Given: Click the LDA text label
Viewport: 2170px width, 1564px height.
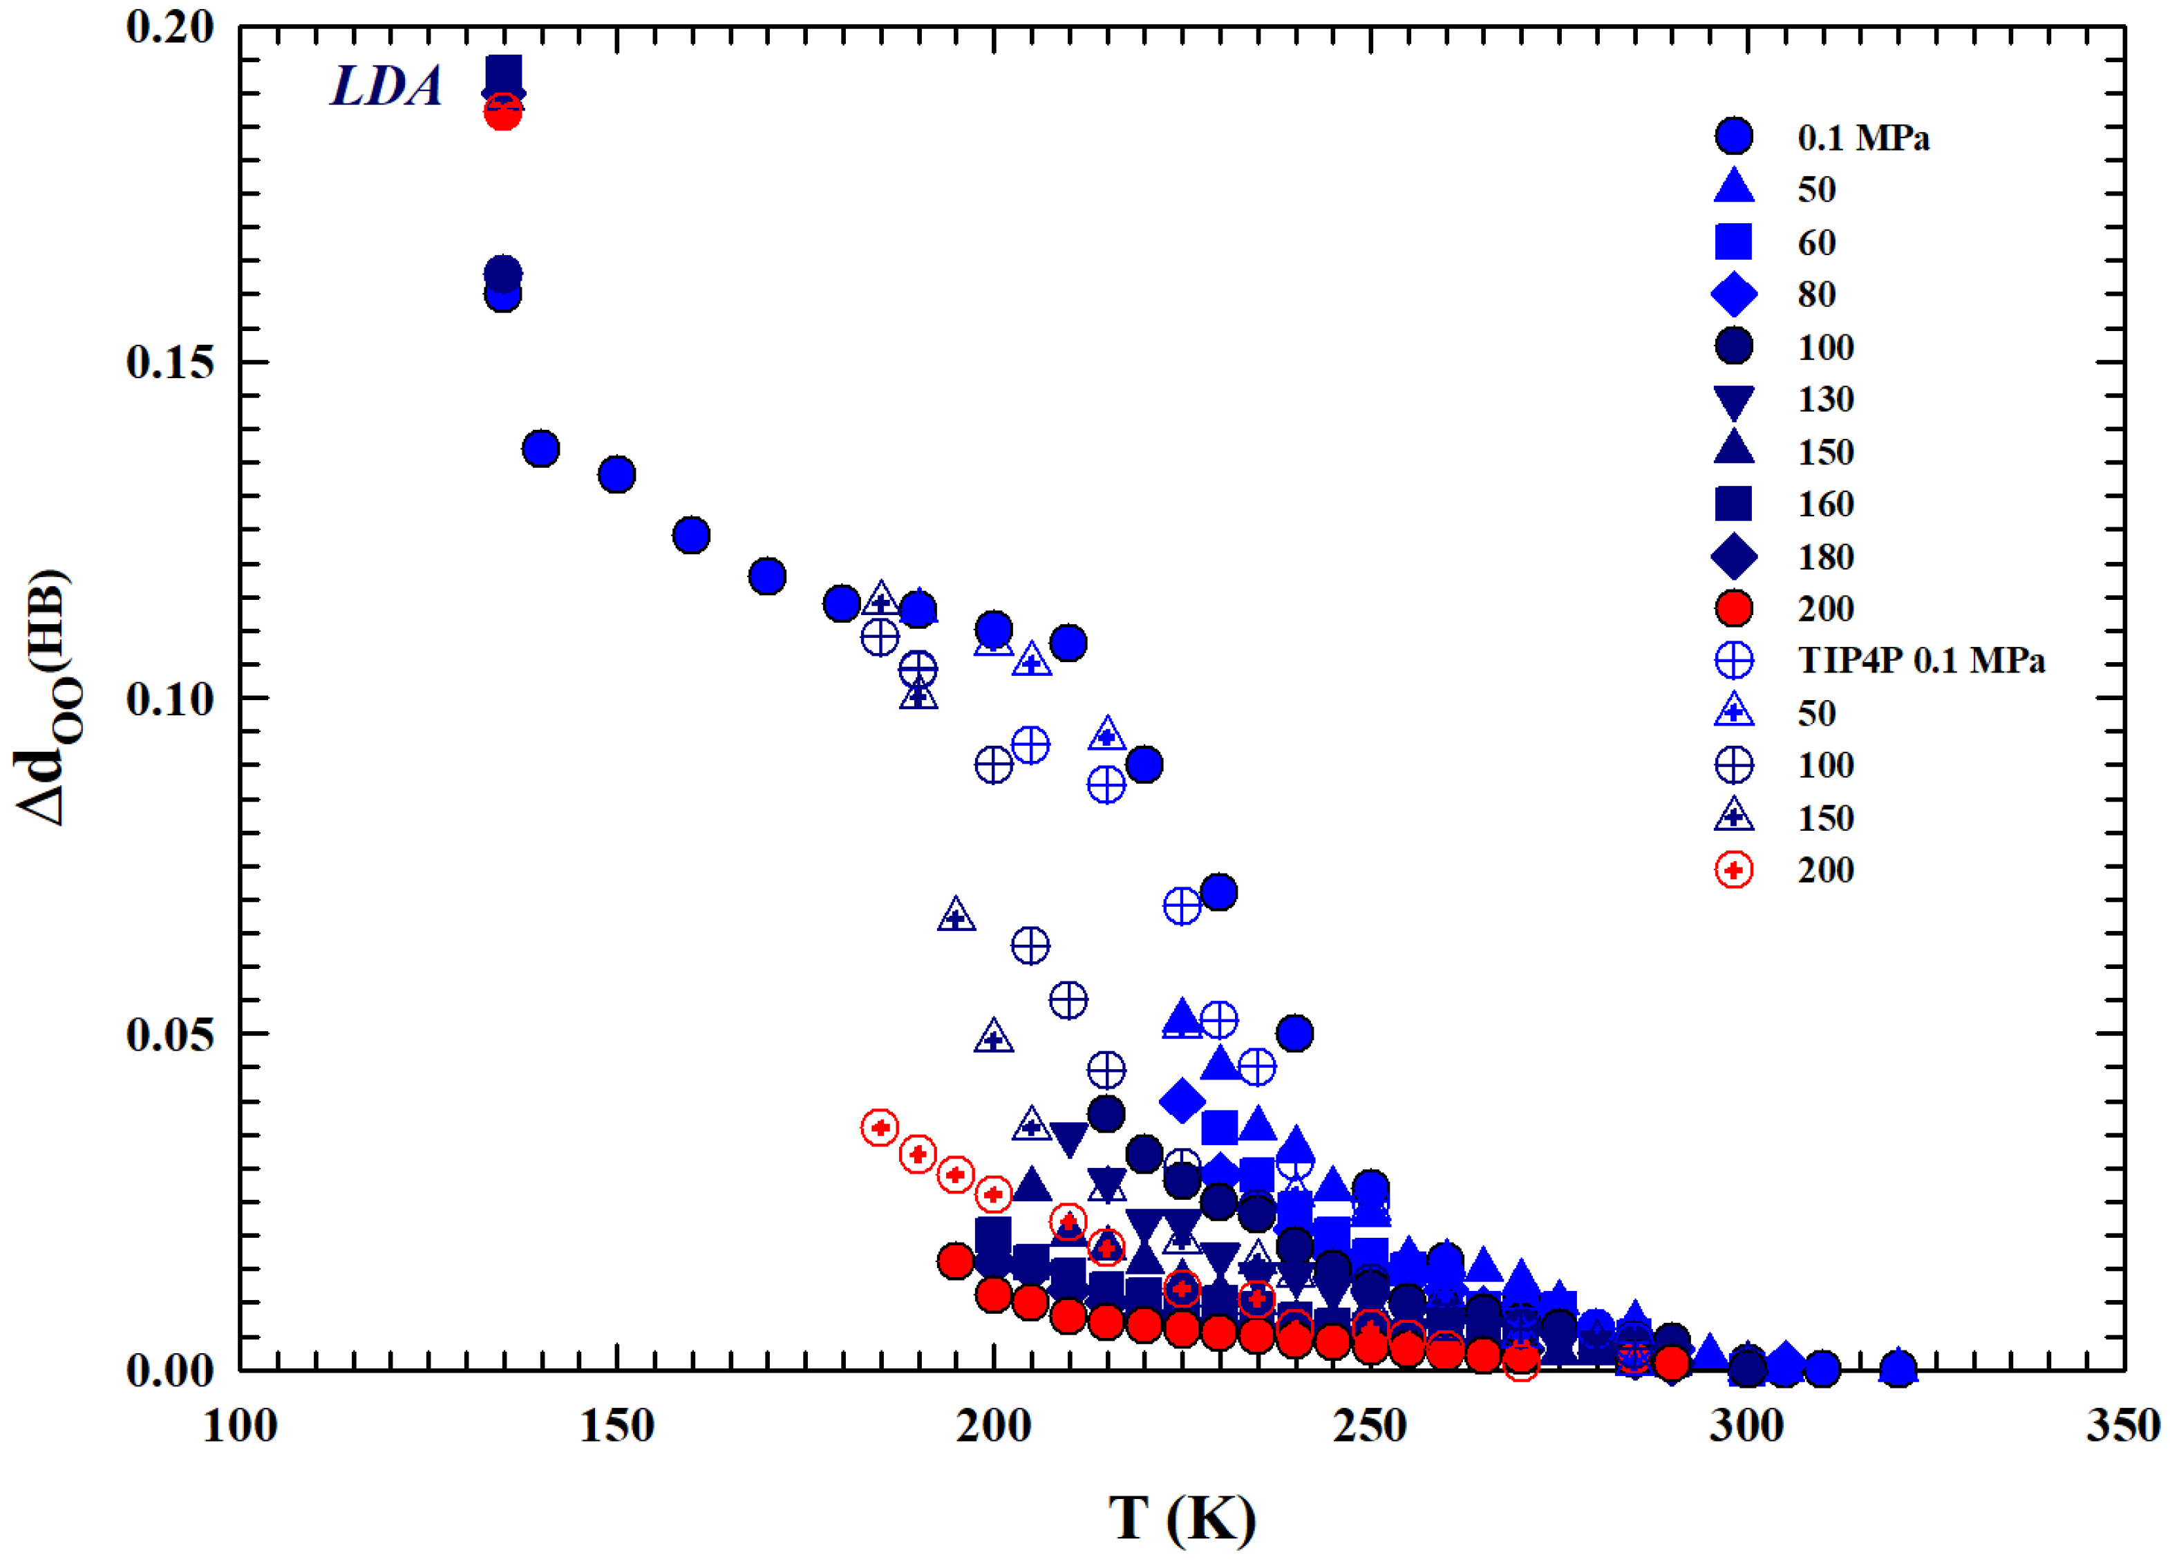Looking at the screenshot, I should click(386, 86).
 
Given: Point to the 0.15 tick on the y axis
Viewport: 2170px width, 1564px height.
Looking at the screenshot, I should click(169, 363).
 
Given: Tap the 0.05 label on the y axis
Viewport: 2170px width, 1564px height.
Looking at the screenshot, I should click(169, 1034).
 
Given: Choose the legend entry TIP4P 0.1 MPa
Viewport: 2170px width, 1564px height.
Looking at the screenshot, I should click(1921, 660).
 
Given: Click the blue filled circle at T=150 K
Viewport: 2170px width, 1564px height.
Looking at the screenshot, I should click(617, 473).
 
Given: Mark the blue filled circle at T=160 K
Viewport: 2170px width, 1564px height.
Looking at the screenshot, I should click(692, 535).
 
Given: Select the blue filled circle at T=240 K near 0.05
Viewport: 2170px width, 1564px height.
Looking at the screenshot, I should click(1294, 1033).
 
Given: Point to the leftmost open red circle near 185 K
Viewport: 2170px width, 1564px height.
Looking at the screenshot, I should click(879, 1128).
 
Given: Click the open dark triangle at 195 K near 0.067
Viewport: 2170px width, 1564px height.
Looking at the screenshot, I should click(956, 916).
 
